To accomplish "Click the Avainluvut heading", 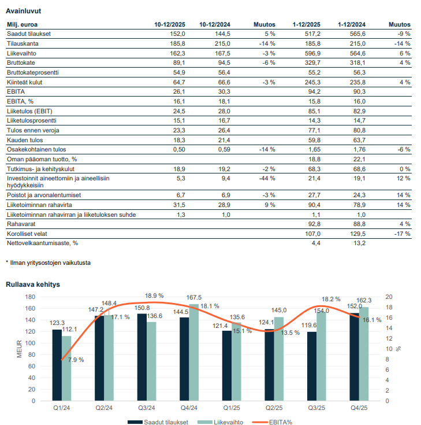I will pyautogui.click(x=23, y=11).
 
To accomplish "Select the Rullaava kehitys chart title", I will pyautogui.click(x=33, y=284).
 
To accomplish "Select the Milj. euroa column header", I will pyautogui.click(x=21, y=25).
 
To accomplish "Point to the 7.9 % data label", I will pyautogui.click(x=76, y=360).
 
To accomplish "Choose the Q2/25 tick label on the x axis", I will pyautogui.click(x=273, y=408).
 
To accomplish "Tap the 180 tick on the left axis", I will pyautogui.click(x=29, y=297).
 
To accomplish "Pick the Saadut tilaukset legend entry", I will pyautogui.click(x=165, y=422).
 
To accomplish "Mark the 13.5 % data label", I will pyautogui.click(x=290, y=332).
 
